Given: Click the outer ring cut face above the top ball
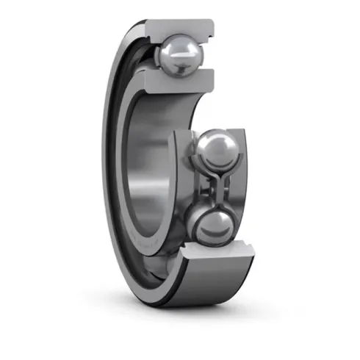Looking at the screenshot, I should click(176, 28).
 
